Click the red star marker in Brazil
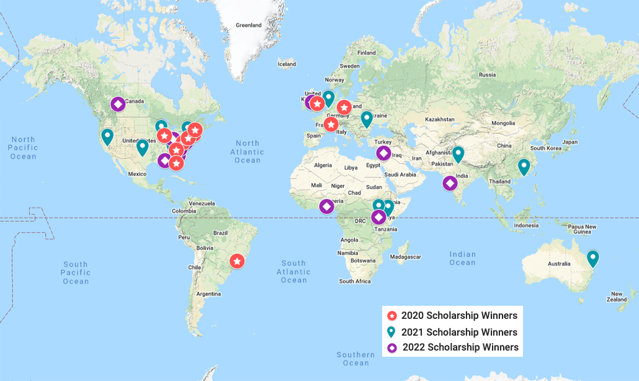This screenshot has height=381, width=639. (237, 260)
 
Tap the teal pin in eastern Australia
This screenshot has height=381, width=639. (593, 257)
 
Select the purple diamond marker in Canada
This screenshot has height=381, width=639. (118, 104)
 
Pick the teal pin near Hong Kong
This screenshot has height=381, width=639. (524, 166)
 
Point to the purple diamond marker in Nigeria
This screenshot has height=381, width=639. (326, 206)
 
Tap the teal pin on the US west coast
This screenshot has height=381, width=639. (107, 136)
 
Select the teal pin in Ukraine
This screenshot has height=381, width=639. (367, 118)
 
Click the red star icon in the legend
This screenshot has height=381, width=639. (392, 316)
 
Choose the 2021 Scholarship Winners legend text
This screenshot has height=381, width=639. (459, 332)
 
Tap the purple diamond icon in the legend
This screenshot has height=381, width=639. (392, 347)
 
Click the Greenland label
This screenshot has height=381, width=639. (249, 25)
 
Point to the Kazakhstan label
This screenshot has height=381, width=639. (440, 119)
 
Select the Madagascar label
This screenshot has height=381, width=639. (406, 257)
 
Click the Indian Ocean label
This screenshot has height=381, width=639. (463, 259)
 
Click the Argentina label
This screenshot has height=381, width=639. (208, 293)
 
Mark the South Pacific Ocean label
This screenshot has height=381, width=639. (75, 273)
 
